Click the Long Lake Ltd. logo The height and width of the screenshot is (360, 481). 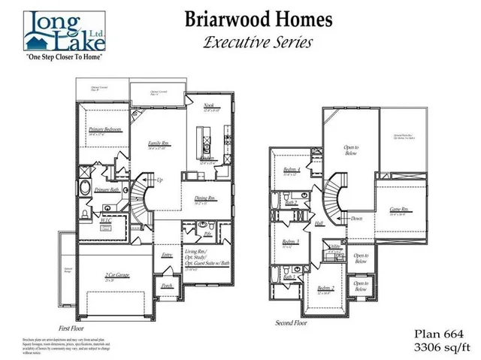(x=63, y=29)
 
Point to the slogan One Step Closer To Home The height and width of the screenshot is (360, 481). (x=63, y=57)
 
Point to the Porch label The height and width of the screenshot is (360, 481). (x=166, y=285)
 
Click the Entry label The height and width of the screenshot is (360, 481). (x=167, y=255)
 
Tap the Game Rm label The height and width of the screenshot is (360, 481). (x=398, y=210)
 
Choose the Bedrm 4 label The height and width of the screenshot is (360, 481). (x=292, y=171)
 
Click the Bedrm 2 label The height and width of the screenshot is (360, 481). (x=325, y=289)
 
